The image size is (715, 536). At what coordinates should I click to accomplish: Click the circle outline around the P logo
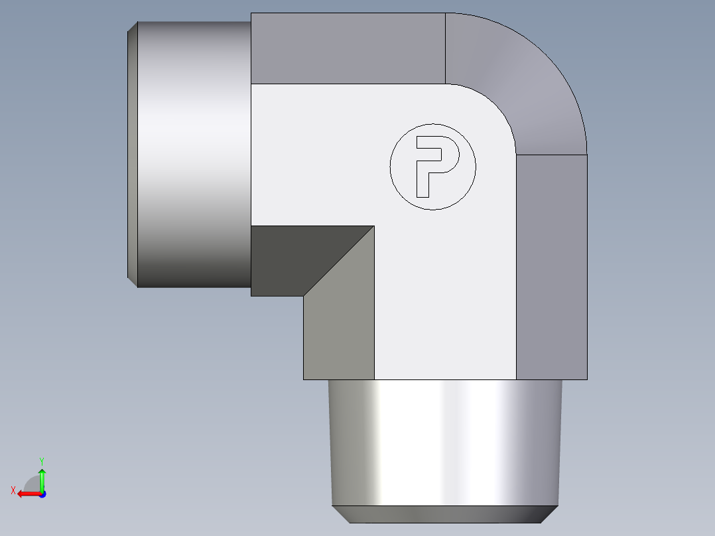391,167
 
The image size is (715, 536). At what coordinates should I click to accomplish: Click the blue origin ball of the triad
42,494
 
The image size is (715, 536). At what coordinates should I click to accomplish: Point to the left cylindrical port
192,153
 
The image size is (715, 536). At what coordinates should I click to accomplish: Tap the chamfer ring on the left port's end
132,153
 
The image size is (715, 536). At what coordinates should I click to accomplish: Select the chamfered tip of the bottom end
444,514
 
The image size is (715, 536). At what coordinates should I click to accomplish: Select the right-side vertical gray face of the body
552,265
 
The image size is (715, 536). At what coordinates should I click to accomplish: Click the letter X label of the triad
13,490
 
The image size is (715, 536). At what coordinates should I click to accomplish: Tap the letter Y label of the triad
41,460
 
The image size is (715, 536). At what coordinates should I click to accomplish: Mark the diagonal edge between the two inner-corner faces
338,261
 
